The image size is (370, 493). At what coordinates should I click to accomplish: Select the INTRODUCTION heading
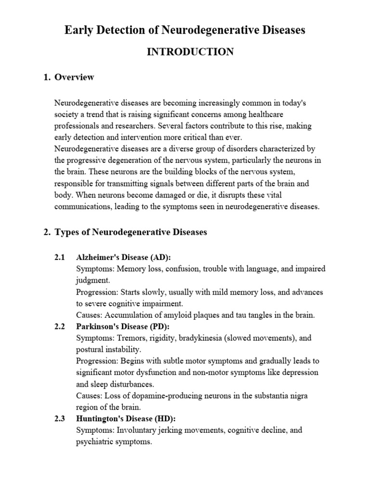(x=190, y=52)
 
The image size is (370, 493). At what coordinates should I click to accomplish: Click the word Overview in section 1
(x=74, y=77)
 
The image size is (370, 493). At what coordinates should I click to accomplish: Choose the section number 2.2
(x=60, y=326)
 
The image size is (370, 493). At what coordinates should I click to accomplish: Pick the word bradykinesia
(x=202, y=338)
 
